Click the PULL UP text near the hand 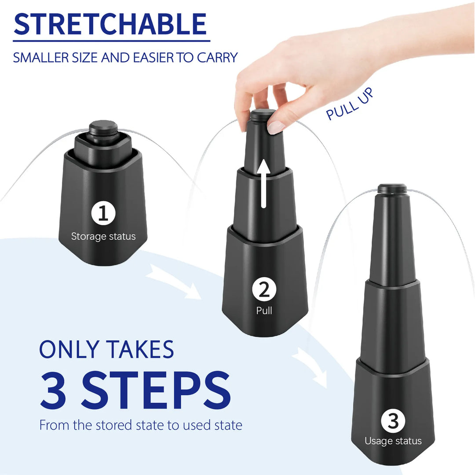(350, 104)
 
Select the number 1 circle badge (103, 214)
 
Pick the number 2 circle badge (264, 290)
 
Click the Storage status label (103, 237)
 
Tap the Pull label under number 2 (264, 311)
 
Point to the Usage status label (393, 441)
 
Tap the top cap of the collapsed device (103, 127)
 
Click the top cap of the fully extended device (392, 188)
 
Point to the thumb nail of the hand (276, 127)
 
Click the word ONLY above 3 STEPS (66, 349)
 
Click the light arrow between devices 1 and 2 (171, 280)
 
